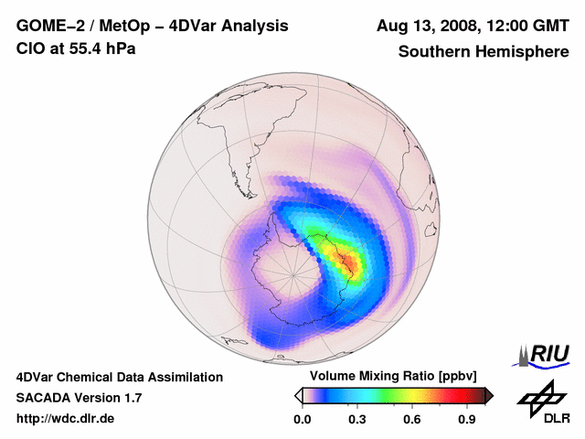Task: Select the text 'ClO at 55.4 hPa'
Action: [76, 48]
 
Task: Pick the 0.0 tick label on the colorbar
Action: [302, 420]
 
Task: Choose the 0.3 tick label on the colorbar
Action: [357, 420]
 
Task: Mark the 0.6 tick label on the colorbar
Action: [412, 420]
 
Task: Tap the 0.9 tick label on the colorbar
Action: [468, 420]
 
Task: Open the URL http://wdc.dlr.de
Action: [66, 419]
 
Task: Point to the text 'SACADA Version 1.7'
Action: [79, 398]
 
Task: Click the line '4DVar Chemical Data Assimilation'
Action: [119, 377]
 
